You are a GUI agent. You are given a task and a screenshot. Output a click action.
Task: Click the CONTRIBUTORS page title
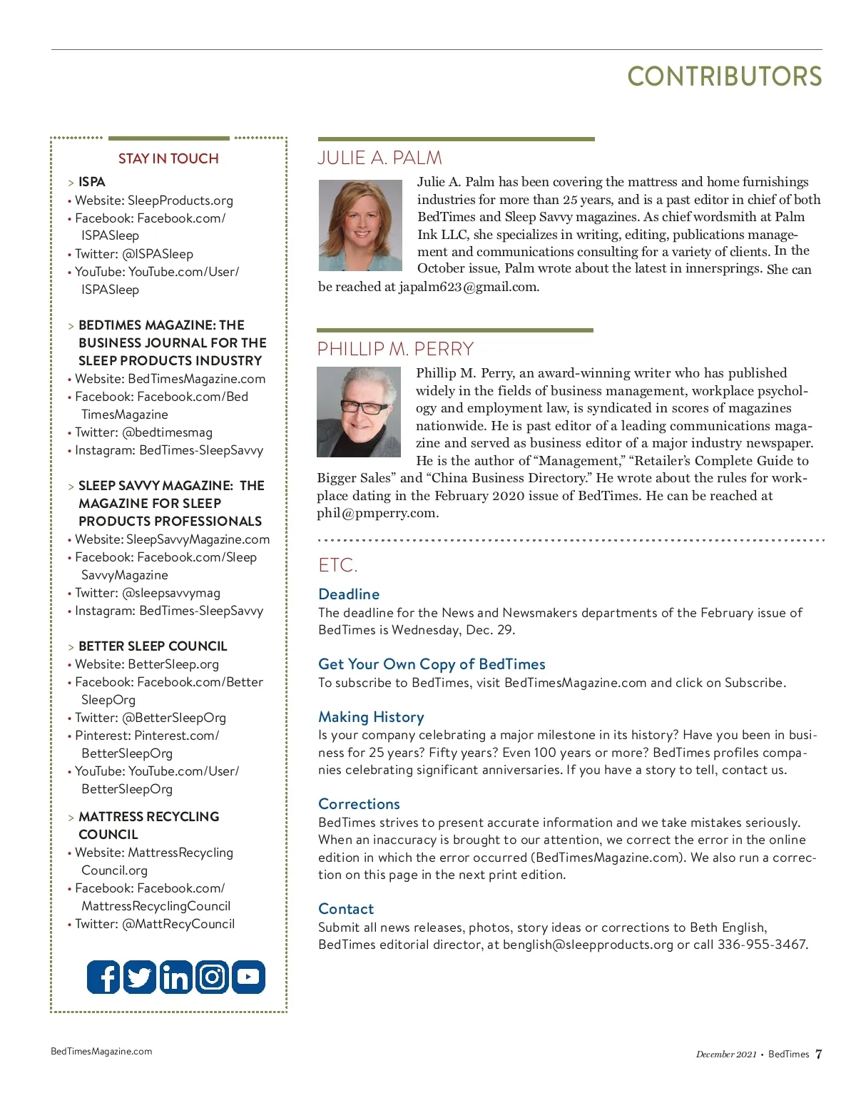pyautogui.click(x=724, y=77)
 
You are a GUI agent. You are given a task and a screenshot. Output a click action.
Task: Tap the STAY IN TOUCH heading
pyautogui.click(x=168, y=158)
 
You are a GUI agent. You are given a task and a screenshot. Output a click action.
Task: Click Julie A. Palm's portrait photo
pyautogui.click(x=360, y=225)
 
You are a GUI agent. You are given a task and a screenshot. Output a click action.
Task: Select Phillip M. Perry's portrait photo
pyautogui.click(x=359, y=412)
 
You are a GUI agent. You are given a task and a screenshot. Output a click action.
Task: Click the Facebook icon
pyautogui.click(x=103, y=977)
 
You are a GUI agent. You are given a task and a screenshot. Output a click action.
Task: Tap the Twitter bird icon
pyautogui.click(x=140, y=977)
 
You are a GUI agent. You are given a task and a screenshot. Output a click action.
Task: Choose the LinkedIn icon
pyautogui.click(x=175, y=977)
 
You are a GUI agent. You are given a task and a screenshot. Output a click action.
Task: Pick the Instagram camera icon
pyautogui.click(x=212, y=977)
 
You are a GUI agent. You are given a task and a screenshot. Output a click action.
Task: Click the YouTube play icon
pyautogui.click(x=248, y=977)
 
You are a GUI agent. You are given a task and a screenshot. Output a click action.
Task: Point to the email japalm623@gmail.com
pyautogui.click(x=468, y=287)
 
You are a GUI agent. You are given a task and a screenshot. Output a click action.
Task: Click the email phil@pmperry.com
pyautogui.click(x=377, y=513)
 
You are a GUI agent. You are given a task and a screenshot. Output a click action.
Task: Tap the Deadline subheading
pyautogui.click(x=349, y=594)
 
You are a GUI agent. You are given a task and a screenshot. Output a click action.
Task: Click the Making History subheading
pyautogui.click(x=371, y=717)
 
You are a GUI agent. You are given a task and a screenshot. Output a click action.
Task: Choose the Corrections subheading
pyautogui.click(x=359, y=804)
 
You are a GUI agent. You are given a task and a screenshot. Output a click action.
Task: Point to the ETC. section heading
pyautogui.click(x=337, y=565)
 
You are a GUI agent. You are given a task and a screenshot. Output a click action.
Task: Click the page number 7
pyautogui.click(x=818, y=1054)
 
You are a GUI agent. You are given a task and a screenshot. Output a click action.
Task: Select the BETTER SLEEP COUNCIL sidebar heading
pyautogui.click(x=153, y=646)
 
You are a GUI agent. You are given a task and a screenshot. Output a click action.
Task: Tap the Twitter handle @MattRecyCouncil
pyautogui.click(x=178, y=924)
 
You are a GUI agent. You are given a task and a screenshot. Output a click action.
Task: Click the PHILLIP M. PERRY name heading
pyautogui.click(x=395, y=349)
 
